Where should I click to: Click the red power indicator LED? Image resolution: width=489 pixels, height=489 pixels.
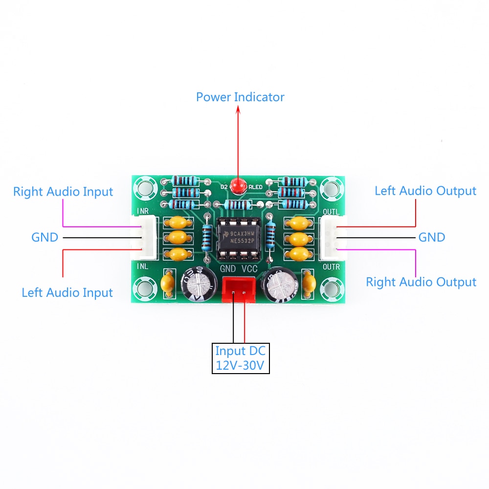[x=238, y=186]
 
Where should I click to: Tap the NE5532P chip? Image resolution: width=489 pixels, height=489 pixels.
[x=239, y=239]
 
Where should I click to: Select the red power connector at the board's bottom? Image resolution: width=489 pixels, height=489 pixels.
[x=238, y=289]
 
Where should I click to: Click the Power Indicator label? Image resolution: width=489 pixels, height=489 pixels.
[x=240, y=97]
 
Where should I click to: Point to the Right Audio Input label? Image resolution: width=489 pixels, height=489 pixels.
[x=63, y=192]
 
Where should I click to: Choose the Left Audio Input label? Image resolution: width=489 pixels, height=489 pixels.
[x=67, y=293]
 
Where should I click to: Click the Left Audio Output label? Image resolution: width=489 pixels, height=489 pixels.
[x=425, y=191]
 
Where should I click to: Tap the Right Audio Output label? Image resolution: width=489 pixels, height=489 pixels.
[x=421, y=282]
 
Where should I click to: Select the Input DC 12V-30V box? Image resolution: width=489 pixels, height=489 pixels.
[x=241, y=358]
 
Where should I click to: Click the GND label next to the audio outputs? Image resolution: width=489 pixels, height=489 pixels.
[x=432, y=237]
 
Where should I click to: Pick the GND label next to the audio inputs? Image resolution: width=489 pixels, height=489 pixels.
[x=44, y=238]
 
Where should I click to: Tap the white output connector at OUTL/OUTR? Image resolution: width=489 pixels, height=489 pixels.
[x=333, y=238]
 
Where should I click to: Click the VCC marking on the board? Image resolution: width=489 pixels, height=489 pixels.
[x=249, y=269]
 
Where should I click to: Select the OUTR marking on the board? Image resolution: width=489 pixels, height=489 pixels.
[x=331, y=267]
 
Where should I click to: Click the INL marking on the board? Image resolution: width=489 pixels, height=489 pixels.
[x=142, y=266]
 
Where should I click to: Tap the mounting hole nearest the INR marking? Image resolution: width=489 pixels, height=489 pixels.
[x=144, y=188]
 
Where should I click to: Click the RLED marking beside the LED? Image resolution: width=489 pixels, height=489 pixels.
[x=255, y=187]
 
